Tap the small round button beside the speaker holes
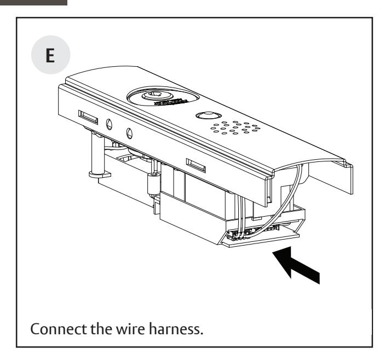click(206, 116)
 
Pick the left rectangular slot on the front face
click(88, 116)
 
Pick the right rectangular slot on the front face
click(196, 163)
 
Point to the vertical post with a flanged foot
click(95, 156)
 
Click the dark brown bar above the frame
click(34, 2)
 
